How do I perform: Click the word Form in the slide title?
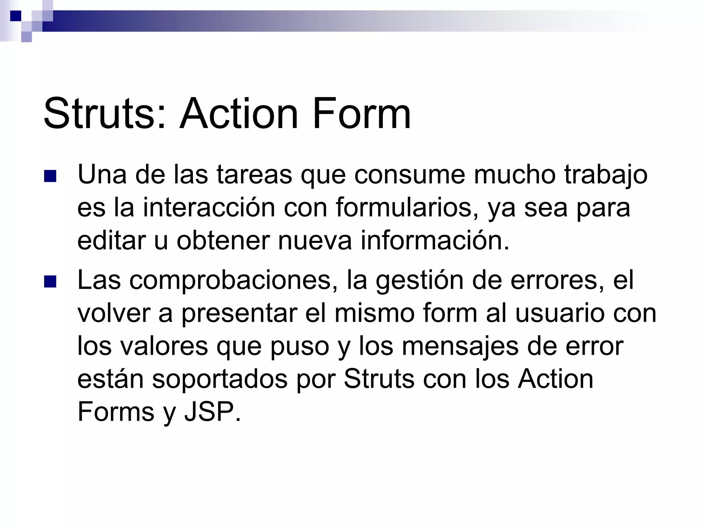(361, 114)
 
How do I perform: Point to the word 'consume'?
(410, 175)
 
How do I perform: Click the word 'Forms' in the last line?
(116, 412)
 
